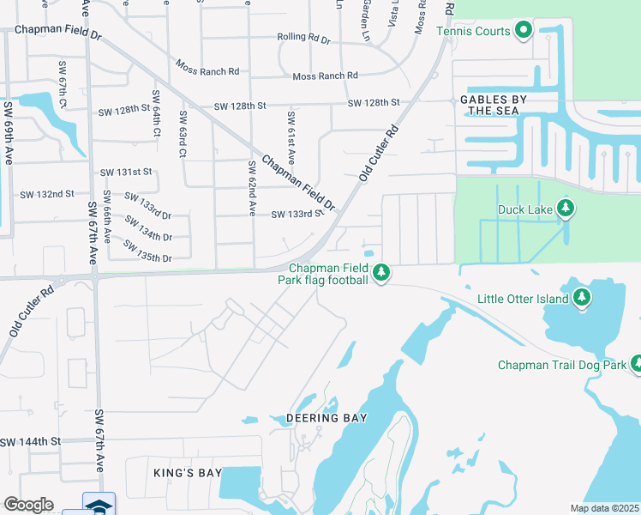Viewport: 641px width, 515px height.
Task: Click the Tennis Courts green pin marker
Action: (524, 32)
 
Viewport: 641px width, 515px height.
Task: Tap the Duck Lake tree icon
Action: (565, 209)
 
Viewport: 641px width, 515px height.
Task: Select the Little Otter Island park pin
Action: (583, 298)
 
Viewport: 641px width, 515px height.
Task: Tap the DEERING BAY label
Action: (332, 418)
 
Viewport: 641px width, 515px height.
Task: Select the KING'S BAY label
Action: (188, 473)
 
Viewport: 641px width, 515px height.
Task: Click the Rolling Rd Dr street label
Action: (303, 38)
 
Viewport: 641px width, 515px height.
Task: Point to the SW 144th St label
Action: (31, 441)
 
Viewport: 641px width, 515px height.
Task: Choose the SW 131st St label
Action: (125, 172)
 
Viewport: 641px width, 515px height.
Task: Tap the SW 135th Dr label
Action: (147, 251)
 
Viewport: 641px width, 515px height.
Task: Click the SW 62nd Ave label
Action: (252, 188)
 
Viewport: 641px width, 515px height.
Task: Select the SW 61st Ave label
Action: (292, 138)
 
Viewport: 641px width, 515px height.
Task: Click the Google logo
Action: (28, 505)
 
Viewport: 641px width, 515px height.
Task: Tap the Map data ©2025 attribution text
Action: (604, 508)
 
